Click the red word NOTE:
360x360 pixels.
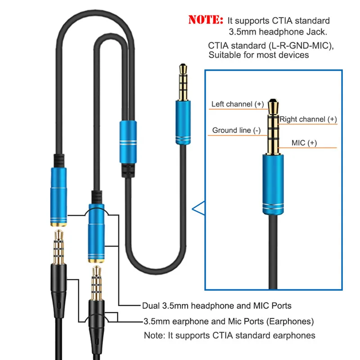click(x=206, y=20)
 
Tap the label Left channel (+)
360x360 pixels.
click(x=238, y=104)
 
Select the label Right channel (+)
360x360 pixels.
click(x=308, y=119)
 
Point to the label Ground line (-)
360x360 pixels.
click(x=236, y=130)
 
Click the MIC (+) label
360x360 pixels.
click(x=304, y=143)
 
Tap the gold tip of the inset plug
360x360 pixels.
click(x=273, y=108)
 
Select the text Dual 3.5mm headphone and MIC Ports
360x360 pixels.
click(x=217, y=306)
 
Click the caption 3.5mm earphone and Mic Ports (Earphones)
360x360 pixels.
click(x=228, y=321)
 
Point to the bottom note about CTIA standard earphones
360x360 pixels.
click(x=229, y=335)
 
